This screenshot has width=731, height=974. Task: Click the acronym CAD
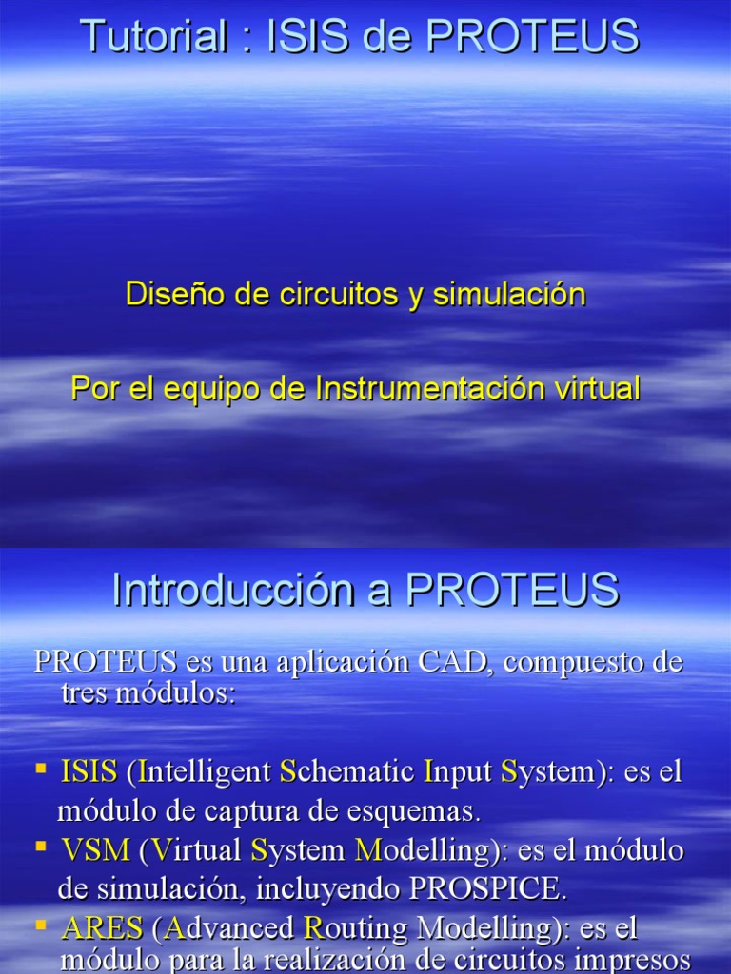click(453, 662)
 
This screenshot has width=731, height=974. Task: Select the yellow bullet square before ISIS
click(42, 767)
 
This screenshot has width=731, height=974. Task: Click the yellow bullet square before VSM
click(42, 845)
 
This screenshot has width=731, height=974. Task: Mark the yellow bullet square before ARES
click(42, 923)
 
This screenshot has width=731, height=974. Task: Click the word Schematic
click(346, 771)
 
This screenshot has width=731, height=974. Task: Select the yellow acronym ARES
click(102, 927)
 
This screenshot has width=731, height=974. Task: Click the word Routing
click(351, 927)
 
